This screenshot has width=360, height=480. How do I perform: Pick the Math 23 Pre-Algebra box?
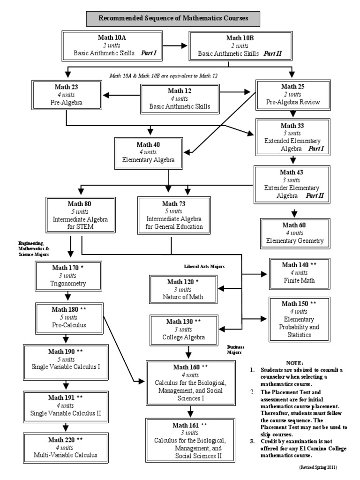click(x=66, y=95)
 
